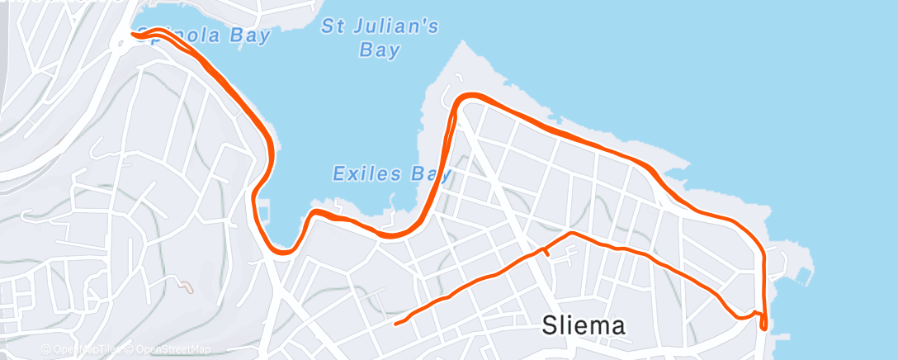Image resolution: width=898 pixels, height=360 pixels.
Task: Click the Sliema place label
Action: (584, 325)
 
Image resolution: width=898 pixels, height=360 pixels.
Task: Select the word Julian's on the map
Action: (392, 26)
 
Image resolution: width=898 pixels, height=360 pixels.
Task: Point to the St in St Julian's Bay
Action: (333, 26)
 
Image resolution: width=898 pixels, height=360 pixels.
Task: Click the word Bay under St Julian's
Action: (380, 50)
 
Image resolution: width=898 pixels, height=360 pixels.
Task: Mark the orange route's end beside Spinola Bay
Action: (133, 34)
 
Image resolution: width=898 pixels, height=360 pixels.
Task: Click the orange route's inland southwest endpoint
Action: (396, 324)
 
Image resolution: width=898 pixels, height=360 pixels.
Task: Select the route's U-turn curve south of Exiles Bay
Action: (283, 250)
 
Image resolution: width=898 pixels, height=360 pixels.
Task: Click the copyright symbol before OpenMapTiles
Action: (47, 349)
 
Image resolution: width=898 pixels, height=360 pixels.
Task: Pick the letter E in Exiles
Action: (338, 174)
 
